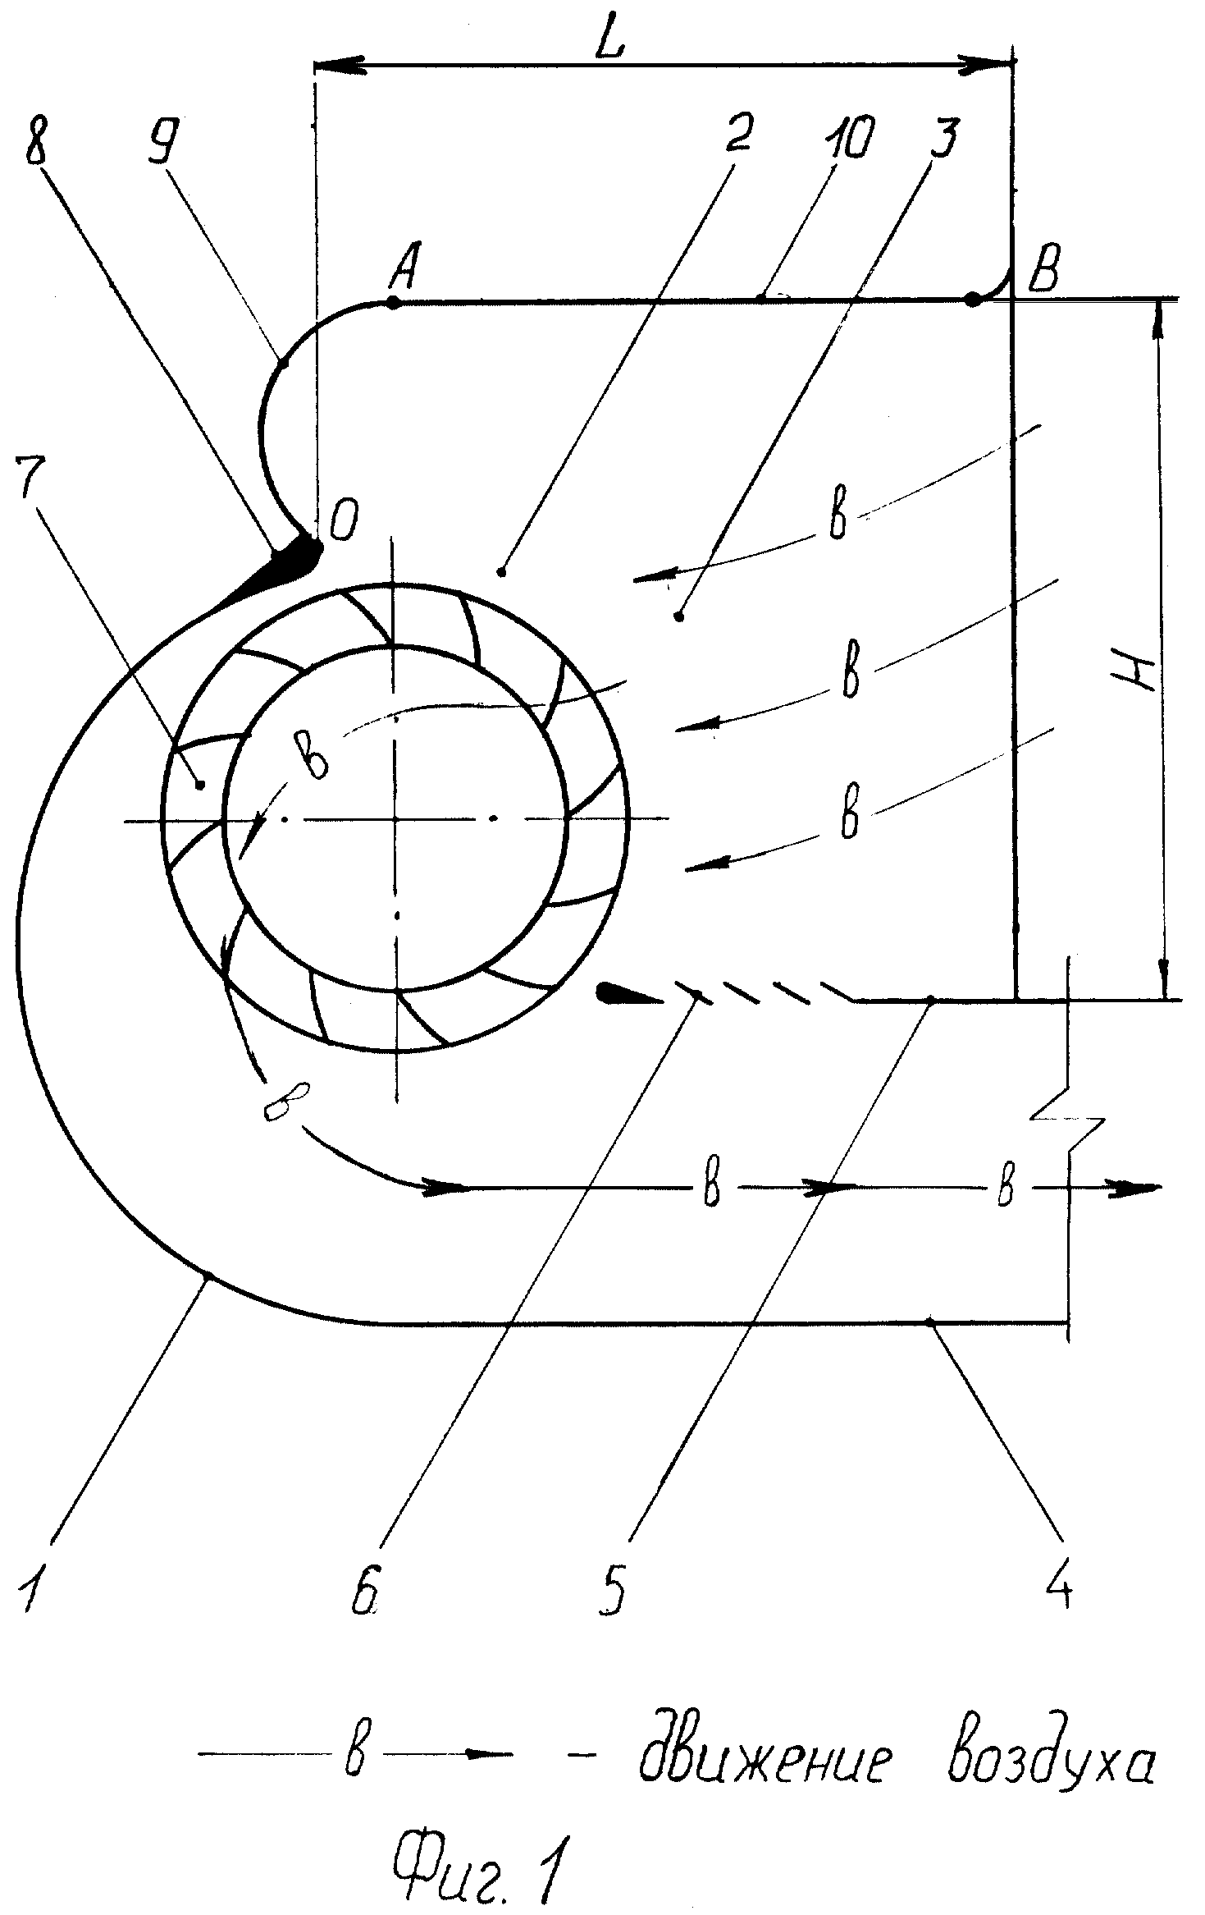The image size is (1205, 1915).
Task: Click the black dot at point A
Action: (x=393, y=303)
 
